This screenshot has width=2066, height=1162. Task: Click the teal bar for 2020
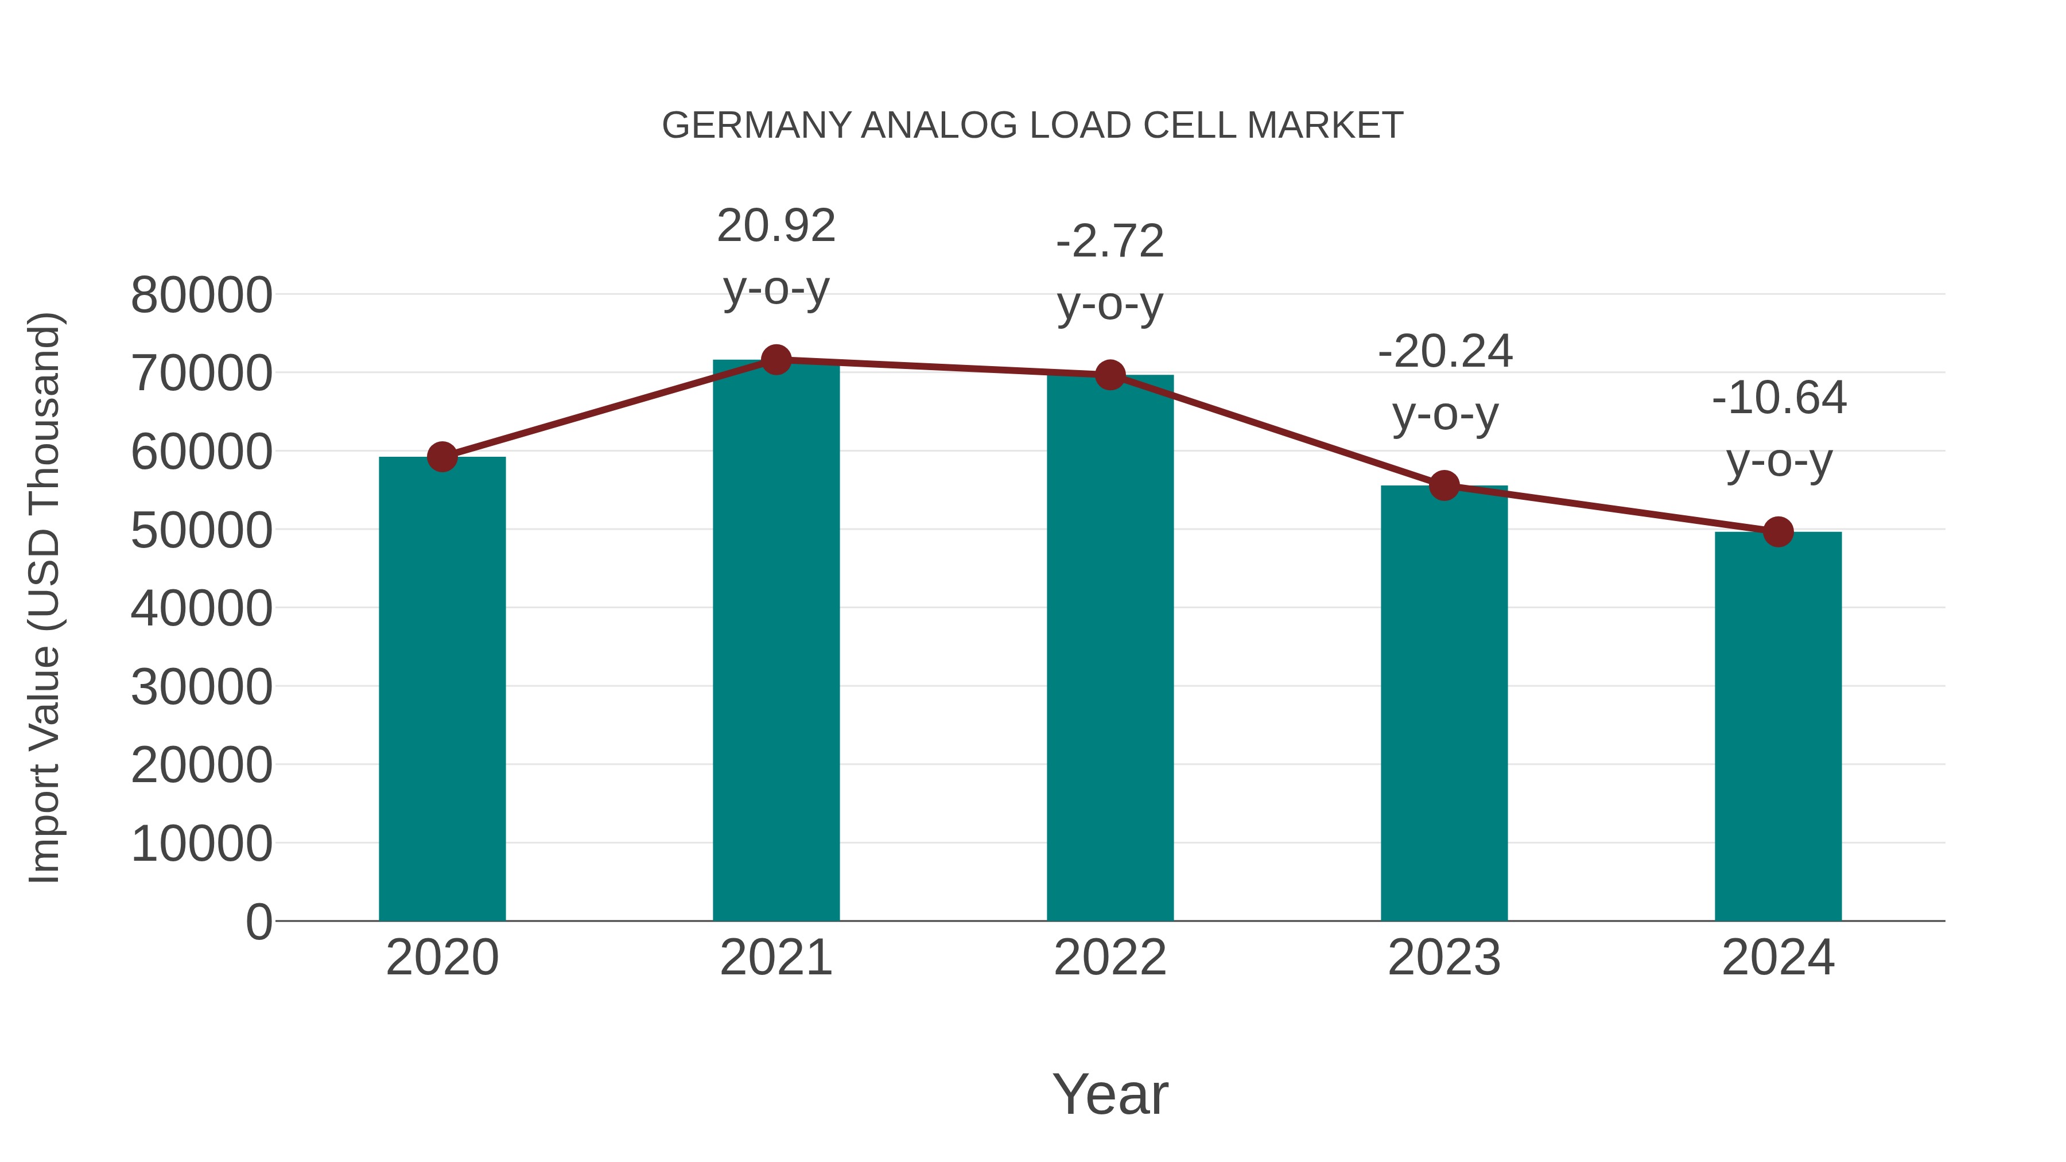pos(442,690)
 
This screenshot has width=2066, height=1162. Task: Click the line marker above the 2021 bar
pos(775,360)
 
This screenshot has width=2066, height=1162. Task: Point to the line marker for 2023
pos(1444,485)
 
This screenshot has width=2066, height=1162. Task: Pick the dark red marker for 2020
pos(442,457)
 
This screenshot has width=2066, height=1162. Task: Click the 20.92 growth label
pos(775,226)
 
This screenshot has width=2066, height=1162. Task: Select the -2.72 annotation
pos(1110,242)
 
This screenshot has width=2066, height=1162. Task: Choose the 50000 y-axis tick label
pos(201,530)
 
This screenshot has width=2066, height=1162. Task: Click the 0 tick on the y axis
pos(258,922)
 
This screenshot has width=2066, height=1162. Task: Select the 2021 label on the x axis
pos(775,958)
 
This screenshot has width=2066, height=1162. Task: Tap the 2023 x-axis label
pos(1444,958)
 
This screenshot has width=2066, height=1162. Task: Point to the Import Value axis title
pos(45,597)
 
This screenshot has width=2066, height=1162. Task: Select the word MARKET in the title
pos(1324,126)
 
